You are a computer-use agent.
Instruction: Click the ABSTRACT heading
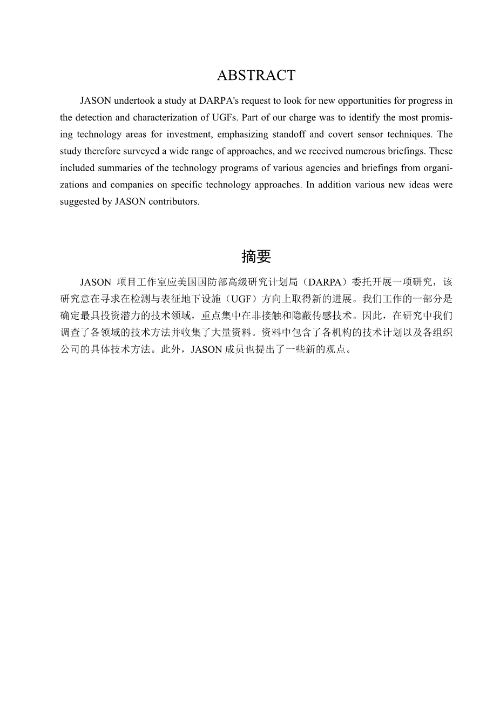(256, 76)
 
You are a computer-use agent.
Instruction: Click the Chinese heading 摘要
(256, 257)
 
